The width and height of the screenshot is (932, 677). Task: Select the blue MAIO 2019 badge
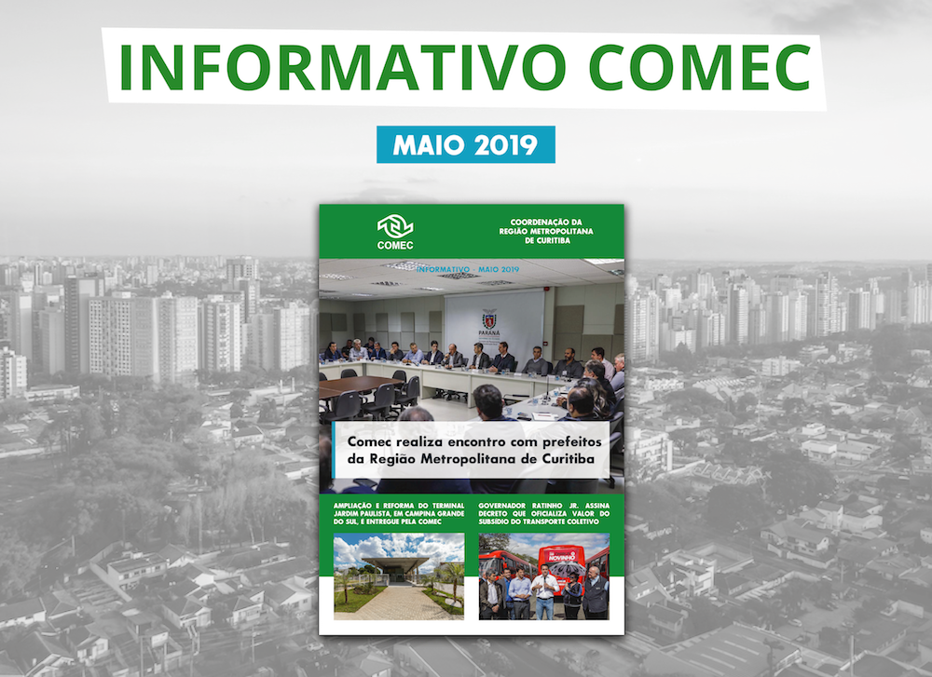[465, 145]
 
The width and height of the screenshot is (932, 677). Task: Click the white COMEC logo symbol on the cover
[396, 226]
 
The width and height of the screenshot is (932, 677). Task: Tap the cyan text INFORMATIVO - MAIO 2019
[468, 269]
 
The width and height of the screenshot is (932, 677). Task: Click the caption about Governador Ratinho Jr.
[543, 512]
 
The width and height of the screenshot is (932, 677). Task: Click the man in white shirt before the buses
[545, 592]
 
